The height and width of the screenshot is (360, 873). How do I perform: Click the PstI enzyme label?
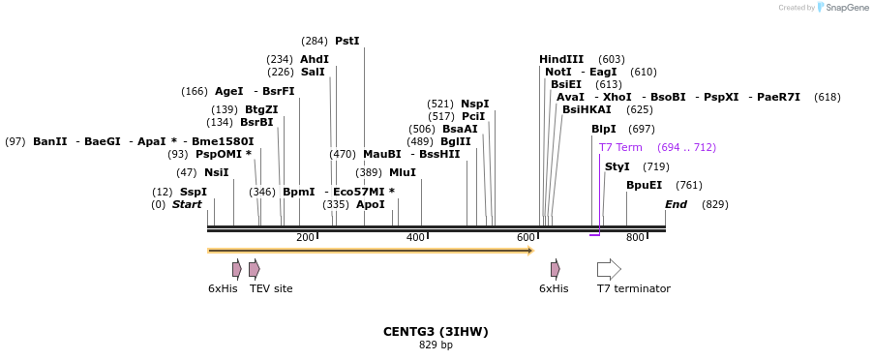[x=346, y=41]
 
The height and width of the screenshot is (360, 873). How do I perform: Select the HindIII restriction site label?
[x=561, y=59]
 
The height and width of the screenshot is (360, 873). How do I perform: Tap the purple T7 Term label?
[x=620, y=147]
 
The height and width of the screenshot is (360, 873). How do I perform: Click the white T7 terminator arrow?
[x=609, y=269]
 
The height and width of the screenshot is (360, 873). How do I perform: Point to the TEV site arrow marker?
[x=255, y=269]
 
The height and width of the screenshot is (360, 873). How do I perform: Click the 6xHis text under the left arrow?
[x=223, y=288]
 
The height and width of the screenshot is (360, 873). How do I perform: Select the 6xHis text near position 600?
[x=554, y=288]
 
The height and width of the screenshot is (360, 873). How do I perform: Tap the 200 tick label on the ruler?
[x=305, y=238]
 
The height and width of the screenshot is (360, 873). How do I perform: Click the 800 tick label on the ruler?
[x=635, y=238]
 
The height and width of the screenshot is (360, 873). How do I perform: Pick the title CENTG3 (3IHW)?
[x=436, y=331]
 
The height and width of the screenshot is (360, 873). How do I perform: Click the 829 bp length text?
[x=436, y=345]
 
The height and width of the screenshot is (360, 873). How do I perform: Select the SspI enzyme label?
[x=193, y=192]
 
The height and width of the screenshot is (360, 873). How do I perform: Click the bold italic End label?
[x=676, y=204]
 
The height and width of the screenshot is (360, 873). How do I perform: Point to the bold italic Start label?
[x=187, y=204]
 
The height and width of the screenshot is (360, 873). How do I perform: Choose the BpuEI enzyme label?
[x=644, y=185]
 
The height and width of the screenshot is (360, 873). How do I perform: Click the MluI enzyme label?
[x=403, y=172]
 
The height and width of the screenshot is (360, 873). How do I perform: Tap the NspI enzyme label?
[x=474, y=104]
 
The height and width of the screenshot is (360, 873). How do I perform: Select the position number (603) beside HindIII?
[x=612, y=59]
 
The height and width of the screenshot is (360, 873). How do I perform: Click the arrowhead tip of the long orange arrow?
[x=531, y=251]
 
